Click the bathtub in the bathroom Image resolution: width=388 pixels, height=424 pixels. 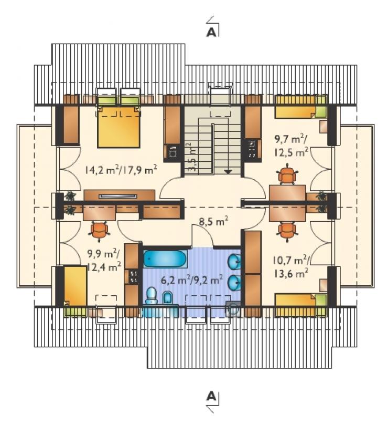point(165,259)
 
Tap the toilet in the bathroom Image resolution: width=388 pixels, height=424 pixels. point(151,296)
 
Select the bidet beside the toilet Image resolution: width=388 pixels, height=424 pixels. point(168,297)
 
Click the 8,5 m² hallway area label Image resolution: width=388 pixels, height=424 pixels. point(213,222)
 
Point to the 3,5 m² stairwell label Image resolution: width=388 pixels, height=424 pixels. point(192,158)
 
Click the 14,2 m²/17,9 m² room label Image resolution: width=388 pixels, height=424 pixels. point(121,170)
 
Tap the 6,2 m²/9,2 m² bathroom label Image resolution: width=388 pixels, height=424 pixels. point(192,280)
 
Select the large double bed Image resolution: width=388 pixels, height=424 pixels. point(118,127)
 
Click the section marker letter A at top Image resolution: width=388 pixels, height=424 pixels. point(211,33)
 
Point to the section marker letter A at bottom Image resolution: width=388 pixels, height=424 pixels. point(211,397)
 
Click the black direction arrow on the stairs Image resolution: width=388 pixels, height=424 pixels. point(228,171)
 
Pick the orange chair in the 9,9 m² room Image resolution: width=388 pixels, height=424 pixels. point(99,230)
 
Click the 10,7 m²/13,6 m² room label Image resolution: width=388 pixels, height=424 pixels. point(291,267)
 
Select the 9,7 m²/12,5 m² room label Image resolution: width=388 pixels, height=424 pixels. point(292,146)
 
